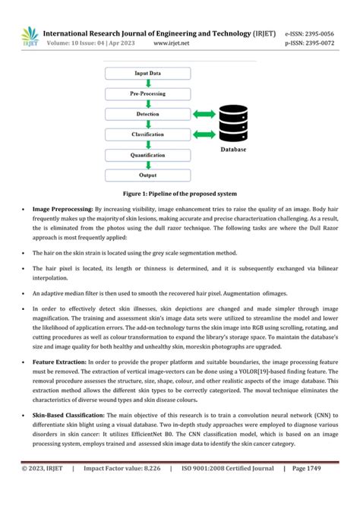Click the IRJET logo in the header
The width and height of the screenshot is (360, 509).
[x=29, y=38]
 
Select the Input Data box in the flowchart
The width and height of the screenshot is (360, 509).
[x=147, y=73]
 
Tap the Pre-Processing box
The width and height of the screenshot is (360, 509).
[x=147, y=93]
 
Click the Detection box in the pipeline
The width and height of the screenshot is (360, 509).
[x=147, y=114]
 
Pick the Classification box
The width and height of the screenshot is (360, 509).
[x=147, y=134]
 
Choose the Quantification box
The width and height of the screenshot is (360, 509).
[x=147, y=154]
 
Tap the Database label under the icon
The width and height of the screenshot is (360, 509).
[x=233, y=150]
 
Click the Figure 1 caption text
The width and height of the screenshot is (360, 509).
[x=180, y=194]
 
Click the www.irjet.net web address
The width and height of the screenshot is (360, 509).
[x=171, y=44]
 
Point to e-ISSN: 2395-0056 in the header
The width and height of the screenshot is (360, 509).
[x=308, y=33]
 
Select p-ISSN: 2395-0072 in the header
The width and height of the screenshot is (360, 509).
[x=308, y=44]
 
